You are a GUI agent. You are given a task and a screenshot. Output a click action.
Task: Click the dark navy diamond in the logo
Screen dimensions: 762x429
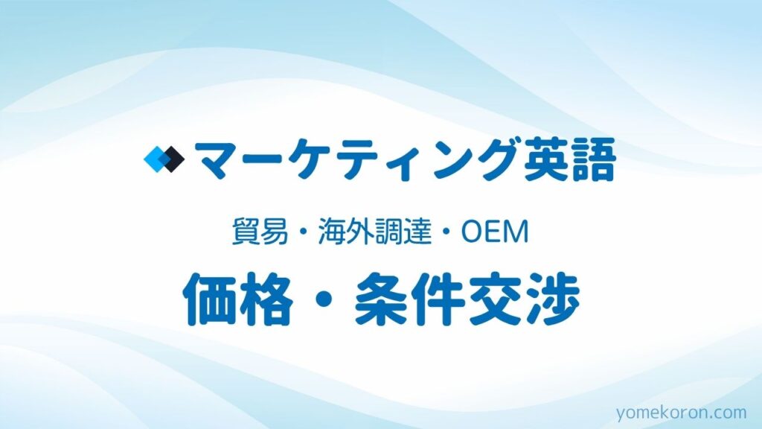[173, 159]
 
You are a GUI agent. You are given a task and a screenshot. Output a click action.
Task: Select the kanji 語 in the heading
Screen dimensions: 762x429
[592, 159]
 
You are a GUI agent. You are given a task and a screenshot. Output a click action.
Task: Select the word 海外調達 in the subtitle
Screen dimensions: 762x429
[375, 232]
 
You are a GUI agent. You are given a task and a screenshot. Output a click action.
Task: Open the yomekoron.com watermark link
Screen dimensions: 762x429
[682, 413]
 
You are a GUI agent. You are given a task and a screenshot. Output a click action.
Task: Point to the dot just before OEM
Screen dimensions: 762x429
[446, 232]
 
